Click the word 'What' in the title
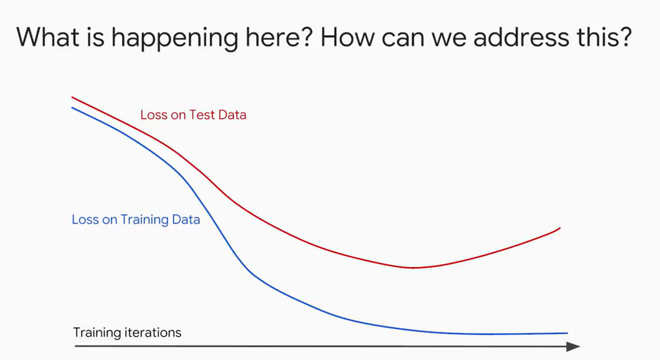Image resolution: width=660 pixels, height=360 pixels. click(48, 37)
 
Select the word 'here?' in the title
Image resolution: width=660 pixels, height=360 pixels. click(279, 37)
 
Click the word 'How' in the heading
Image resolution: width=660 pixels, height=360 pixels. click(347, 37)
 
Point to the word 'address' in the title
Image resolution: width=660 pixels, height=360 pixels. click(521, 37)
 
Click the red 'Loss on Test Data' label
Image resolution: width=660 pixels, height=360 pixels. click(193, 115)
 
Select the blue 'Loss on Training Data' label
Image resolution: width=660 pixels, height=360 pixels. click(136, 220)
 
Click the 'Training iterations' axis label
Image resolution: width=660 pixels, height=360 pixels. click(127, 333)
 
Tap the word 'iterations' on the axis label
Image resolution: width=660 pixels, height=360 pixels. click(153, 332)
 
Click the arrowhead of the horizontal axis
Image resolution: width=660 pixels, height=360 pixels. click(573, 346)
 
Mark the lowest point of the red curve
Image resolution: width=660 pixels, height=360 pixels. click(413, 268)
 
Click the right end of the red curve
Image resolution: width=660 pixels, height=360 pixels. click(560, 228)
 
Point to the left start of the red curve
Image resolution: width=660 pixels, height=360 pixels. click(72, 97)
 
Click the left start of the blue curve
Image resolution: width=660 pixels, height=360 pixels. click(72, 108)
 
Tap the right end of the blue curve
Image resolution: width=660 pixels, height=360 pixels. click(568, 333)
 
